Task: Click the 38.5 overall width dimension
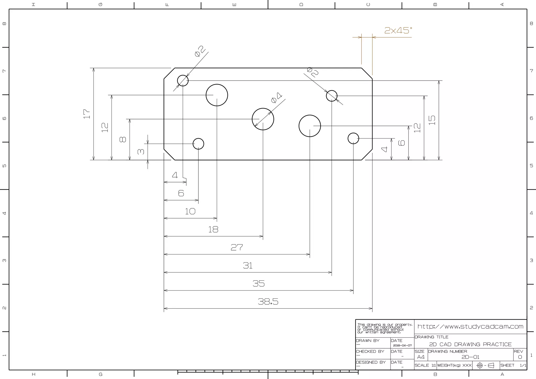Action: point(268,302)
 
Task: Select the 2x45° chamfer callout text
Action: point(398,31)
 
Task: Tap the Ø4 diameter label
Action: point(277,98)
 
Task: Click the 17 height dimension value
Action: point(87,114)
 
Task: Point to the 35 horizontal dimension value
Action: point(259,284)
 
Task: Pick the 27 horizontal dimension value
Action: point(237,247)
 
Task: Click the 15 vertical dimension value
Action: point(432,120)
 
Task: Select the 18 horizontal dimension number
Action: point(213,230)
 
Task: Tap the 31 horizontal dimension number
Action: point(248,266)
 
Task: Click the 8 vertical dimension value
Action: point(123,140)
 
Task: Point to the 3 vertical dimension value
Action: point(141,152)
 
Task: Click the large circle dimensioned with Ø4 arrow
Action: point(263,119)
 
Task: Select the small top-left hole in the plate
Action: point(183,81)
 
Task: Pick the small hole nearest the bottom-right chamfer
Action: point(353,138)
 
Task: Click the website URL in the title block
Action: point(470,327)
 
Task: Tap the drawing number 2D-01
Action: point(470,357)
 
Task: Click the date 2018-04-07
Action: point(402,345)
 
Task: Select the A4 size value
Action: point(421,357)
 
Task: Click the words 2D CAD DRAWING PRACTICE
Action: point(470,344)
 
